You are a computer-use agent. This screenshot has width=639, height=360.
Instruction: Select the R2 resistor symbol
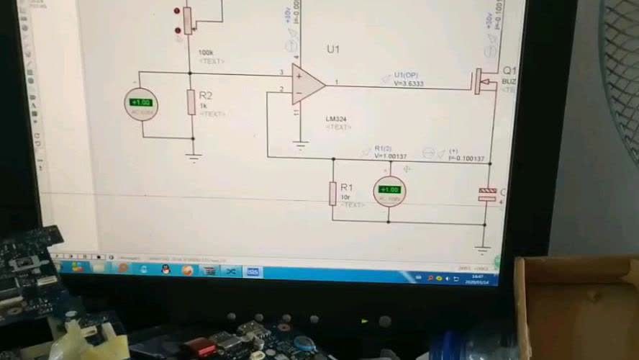[191, 102]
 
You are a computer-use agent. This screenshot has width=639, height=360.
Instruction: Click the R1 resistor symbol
[332, 193]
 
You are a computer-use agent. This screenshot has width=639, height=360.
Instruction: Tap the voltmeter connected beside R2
[140, 103]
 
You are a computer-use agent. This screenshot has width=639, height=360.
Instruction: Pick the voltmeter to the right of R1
[389, 192]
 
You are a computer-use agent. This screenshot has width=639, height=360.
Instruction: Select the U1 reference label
[332, 50]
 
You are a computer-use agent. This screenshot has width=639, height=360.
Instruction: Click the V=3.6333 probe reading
[408, 84]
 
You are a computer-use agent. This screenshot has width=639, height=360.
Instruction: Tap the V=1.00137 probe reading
[391, 156]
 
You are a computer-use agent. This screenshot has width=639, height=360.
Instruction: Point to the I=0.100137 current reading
[467, 158]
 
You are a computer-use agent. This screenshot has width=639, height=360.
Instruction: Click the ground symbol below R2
[193, 154]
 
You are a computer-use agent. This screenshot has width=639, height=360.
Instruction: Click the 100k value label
[206, 53]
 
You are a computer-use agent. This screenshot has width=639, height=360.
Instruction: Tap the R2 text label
[206, 95]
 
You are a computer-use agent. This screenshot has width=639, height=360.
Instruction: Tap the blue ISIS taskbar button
[253, 272]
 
